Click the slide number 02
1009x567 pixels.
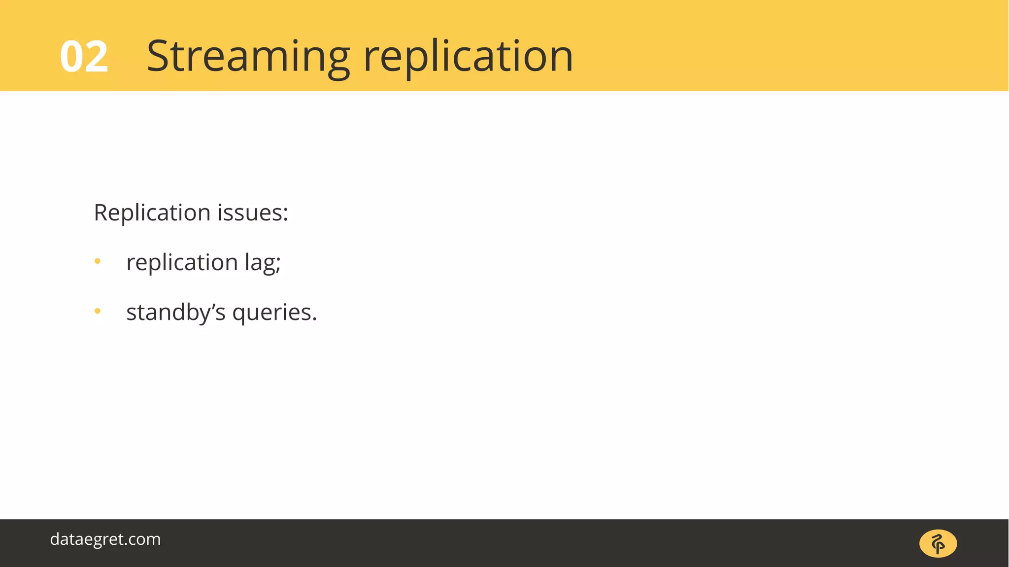click(x=84, y=57)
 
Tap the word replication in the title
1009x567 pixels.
click(x=468, y=57)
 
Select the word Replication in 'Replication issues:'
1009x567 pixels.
click(x=152, y=213)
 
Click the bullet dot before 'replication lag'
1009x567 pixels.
click(x=98, y=261)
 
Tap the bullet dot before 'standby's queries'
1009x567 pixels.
click(x=98, y=311)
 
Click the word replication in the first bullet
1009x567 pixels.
click(x=182, y=262)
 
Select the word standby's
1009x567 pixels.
click(x=176, y=313)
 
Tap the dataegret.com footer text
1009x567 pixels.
click(x=105, y=539)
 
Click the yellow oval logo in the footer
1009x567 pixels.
click(x=938, y=544)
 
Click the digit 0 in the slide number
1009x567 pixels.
click(x=72, y=57)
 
